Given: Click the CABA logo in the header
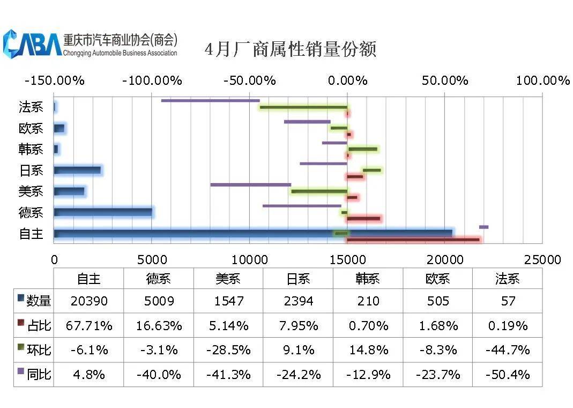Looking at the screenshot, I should coord(32,43).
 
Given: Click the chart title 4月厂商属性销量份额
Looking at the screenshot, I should coord(291,49).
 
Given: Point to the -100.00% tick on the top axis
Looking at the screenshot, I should coord(152,81).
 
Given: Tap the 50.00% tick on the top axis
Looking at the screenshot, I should coord(445,81).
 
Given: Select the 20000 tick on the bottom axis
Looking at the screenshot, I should coord(444,260).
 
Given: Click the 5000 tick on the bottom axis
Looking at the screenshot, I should coord(152,260).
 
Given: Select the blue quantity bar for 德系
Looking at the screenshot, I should coord(103,212).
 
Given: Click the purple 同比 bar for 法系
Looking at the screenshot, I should coord(210,100).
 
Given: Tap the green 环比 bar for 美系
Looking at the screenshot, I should coord(319,191).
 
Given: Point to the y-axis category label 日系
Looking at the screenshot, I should coord(31,171).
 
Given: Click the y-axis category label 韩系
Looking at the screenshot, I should coord(31,149).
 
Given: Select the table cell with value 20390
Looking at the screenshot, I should coord(89,301).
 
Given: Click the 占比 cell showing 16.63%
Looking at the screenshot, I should coord(159,325).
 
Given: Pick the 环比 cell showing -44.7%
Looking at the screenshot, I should coord(507,350).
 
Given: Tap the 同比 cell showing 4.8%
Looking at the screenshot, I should coord(89,374).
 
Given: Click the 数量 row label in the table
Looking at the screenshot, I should coord(34,301).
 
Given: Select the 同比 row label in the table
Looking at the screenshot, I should coord(34,374).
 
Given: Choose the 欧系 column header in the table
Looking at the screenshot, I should coord(437,279).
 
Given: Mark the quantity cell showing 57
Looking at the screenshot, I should coord(507,301).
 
